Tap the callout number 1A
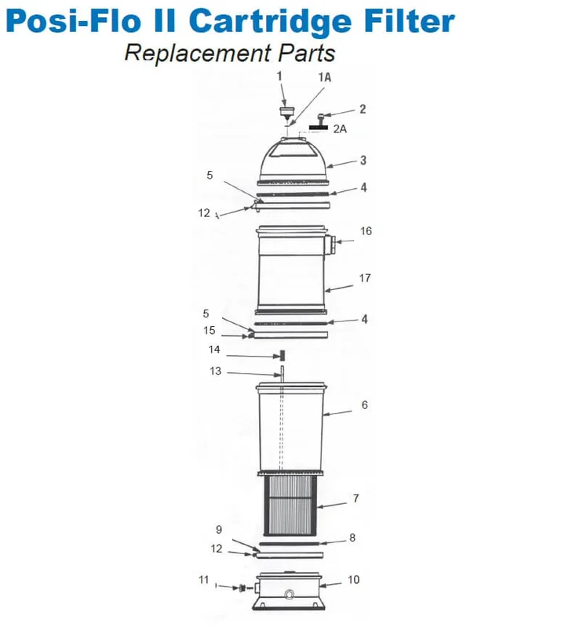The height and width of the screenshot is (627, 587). coord(325,77)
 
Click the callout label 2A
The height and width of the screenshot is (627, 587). coord(340,129)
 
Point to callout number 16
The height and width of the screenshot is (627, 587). coord(366,231)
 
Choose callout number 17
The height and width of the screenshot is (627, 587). coord(365,278)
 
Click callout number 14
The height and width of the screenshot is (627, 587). coord(214,350)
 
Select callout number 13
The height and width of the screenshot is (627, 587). coord(216,371)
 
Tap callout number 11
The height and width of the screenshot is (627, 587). coord(204,579)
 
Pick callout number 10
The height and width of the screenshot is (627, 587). coord(354,579)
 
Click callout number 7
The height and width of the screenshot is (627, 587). coord(356,498)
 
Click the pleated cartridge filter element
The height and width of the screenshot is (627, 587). coord(290,505)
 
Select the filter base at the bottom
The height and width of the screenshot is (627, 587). coord(288,592)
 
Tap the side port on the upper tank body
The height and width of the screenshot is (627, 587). coord(330,245)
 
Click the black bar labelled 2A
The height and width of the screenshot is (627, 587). coord(319,128)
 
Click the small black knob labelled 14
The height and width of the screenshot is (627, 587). coord(282,355)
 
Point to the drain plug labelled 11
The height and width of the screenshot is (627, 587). coord(242,588)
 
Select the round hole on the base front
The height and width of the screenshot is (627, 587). coord(288,595)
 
